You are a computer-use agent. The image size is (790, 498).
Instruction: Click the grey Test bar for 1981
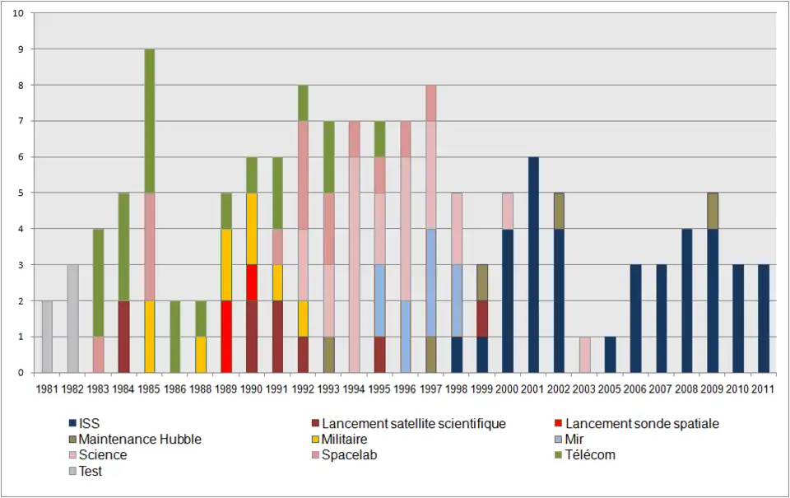(47, 337)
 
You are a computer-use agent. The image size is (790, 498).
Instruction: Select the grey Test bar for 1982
(72, 319)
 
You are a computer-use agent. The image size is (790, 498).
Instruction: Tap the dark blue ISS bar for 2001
(533, 265)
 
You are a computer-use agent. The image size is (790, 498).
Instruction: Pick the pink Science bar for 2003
(584, 355)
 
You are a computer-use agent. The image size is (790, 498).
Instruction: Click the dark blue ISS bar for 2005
(610, 355)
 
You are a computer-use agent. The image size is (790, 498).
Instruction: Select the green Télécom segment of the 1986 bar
(174, 337)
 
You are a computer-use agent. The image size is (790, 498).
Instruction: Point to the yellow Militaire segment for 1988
(200, 355)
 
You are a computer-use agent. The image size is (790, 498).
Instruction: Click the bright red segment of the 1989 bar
(225, 337)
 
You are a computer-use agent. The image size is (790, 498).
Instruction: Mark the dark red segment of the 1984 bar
(123, 337)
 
